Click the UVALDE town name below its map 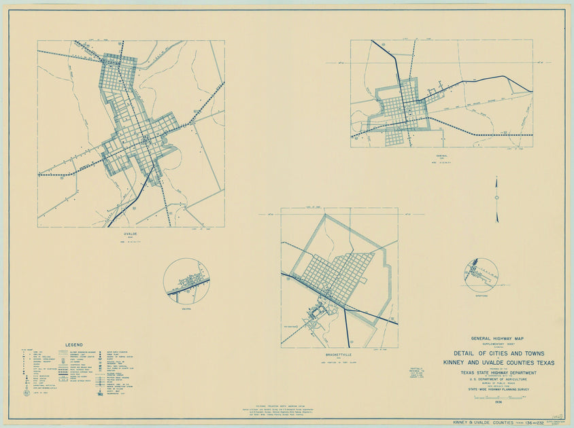point(131,232)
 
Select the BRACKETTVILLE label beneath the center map point(339,354)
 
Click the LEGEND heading point(74,344)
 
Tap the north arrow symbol point(497,198)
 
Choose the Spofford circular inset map point(482,275)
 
